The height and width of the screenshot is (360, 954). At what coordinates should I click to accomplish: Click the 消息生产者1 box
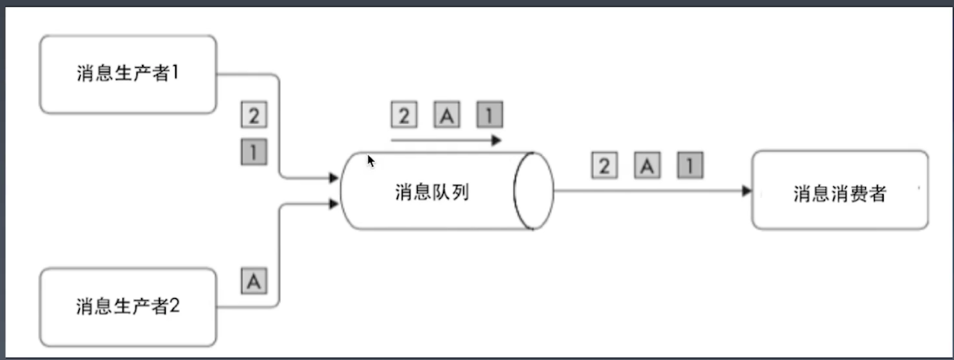pyautogui.click(x=128, y=74)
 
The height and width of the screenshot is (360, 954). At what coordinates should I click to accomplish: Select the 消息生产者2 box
pyautogui.click(x=128, y=306)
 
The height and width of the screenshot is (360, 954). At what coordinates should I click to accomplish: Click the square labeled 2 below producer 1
pyautogui.click(x=254, y=116)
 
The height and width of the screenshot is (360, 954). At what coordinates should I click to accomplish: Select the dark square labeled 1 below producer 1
pyautogui.click(x=254, y=153)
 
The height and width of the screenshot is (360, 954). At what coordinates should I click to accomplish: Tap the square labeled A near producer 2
pyautogui.click(x=254, y=282)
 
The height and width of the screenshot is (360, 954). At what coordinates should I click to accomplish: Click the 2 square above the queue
pyautogui.click(x=404, y=115)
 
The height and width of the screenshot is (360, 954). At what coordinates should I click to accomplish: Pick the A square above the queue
pyautogui.click(x=447, y=115)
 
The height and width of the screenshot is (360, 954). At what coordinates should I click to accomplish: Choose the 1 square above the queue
pyautogui.click(x=489, y=115)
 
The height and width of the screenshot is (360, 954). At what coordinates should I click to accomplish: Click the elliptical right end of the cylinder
pyautogui.click(x=533, y=191)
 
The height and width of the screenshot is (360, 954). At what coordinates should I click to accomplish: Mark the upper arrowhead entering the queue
pyautogui.click(x=334, y=178)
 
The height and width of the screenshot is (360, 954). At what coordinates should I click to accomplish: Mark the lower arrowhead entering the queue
pyautogui.click(x=334, y=202)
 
